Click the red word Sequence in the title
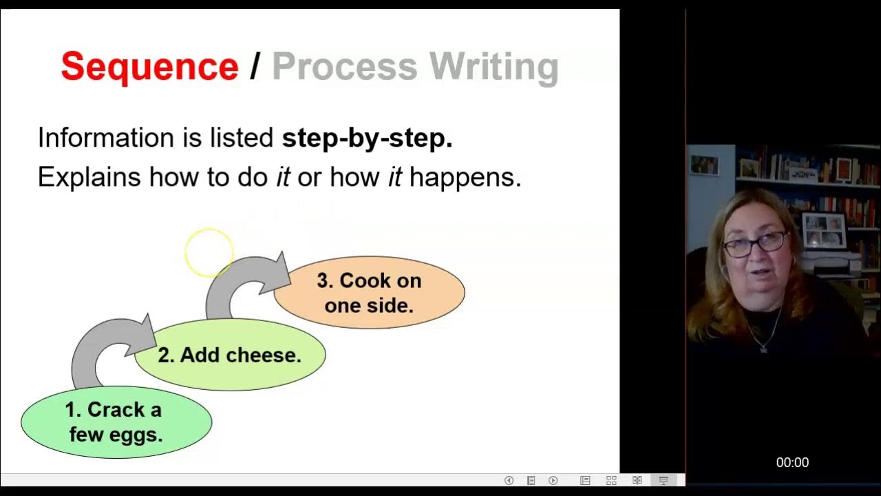(x=149, y=67)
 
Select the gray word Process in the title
(x=344, y=67)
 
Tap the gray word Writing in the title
(x=493, y=67)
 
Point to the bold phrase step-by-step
(x=367, y=138)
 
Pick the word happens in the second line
(x=465, y=178)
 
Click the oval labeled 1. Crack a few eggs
(x=116, y=422)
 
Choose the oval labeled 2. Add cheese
(x=229, y=355)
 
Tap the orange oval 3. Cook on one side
(x=370, y=293)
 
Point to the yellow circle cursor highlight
(x=209, y=253)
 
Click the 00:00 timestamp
(x=792, y=463)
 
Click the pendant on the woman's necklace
(x=763, y=349)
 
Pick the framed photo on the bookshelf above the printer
(x=824, y=229)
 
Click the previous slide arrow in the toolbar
(x=509, y=480)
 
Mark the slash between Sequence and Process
(x=255, y=67)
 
